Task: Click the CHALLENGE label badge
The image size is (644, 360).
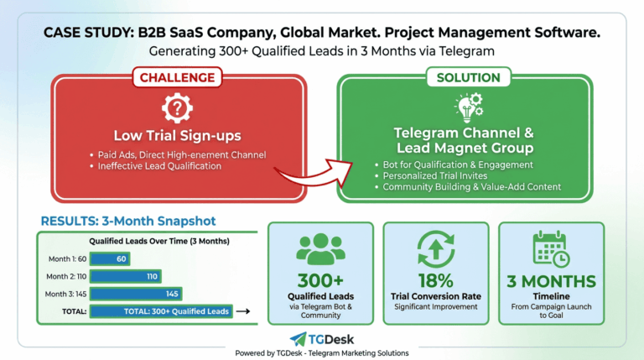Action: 176,77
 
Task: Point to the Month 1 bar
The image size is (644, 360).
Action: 110,258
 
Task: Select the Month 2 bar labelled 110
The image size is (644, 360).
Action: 125,276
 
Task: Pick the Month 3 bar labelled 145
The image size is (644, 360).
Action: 136,294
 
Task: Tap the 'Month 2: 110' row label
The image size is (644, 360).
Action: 66,276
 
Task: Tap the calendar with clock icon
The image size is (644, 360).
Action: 551,248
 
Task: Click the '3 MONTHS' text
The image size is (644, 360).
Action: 551,281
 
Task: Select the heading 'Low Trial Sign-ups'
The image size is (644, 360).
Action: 176,136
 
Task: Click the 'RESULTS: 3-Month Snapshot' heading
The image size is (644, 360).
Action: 127,222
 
